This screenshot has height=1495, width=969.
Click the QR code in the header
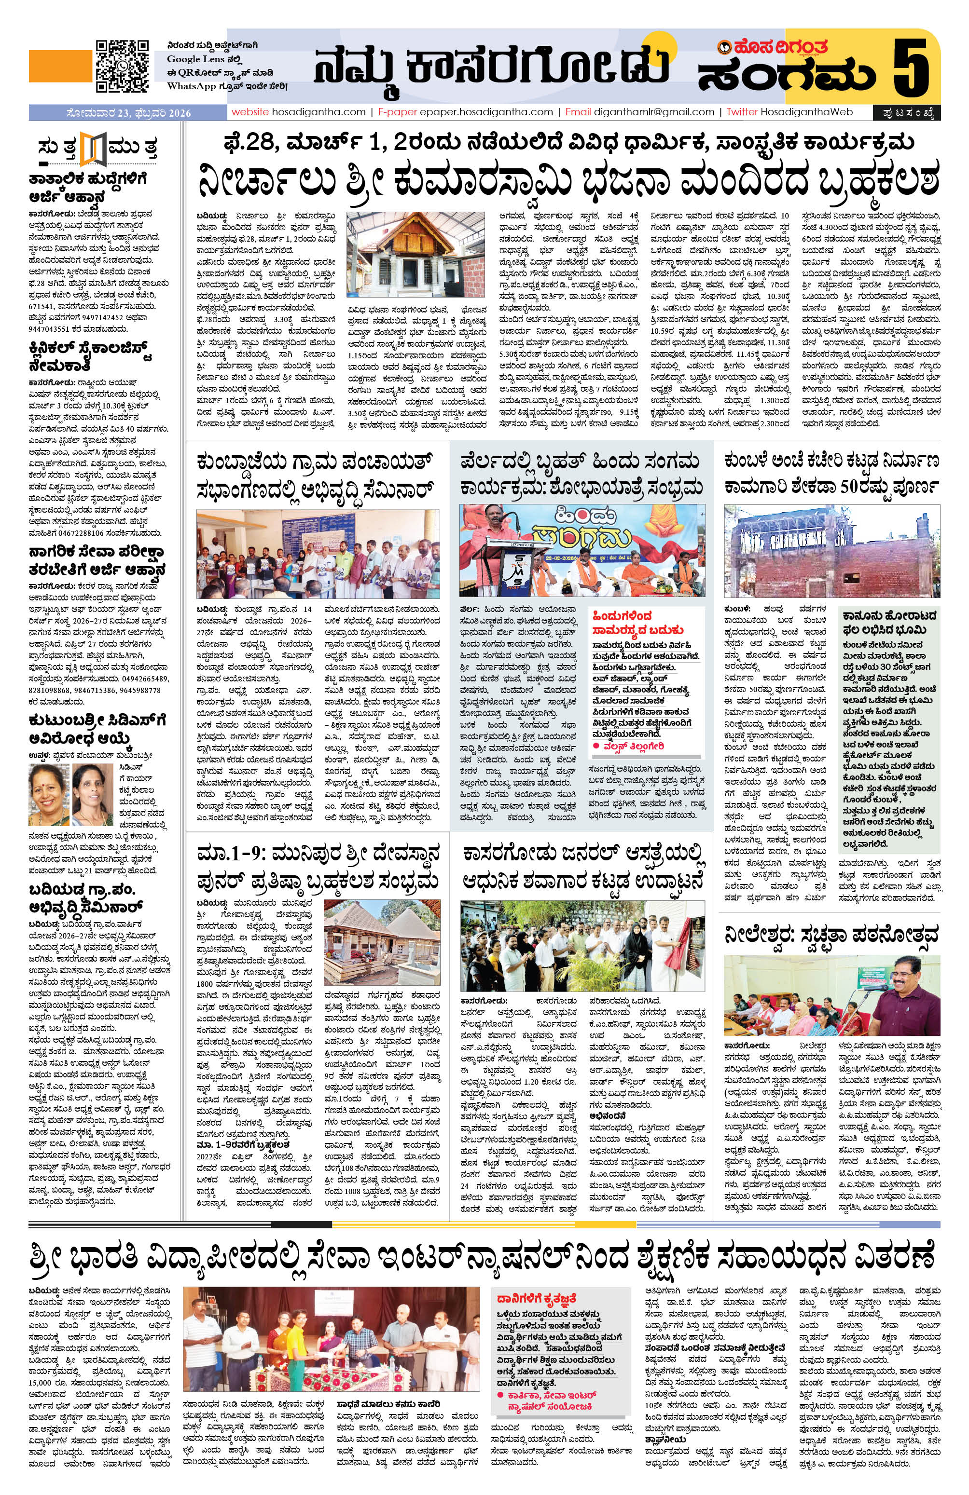pos(122,66)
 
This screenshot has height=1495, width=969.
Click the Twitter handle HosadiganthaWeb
pos(806,112)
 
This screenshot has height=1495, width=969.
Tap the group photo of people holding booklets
pos(318,554)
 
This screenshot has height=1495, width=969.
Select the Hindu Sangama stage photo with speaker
pos(581,549)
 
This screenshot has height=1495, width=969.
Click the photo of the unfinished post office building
pos(831,550)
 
